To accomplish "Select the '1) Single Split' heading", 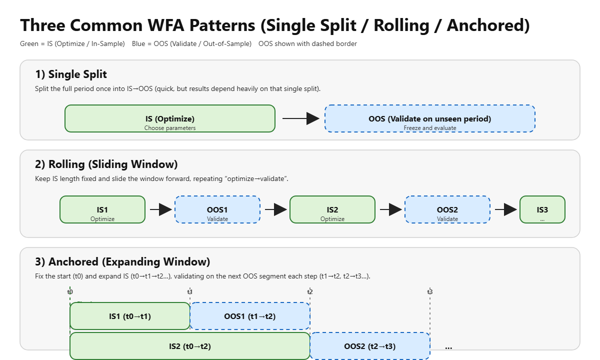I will point(71,74).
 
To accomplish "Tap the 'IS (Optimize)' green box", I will point(170,119).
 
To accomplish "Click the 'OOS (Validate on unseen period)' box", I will point(430,119).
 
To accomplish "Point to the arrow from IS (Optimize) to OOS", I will point(300,118).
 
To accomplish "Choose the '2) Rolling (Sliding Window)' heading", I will point(106,164).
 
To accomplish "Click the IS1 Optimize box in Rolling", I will point(102,209).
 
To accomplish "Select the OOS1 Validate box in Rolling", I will point(217,209).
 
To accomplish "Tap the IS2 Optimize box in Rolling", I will point(332,209).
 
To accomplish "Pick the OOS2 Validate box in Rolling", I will point(447,209).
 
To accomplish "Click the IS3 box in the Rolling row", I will point(542,209).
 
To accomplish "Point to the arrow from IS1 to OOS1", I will point(160,209).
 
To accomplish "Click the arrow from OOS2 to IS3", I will point(505,209).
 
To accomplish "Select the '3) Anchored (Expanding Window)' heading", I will point(122,262).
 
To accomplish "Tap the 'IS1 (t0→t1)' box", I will point(130,316).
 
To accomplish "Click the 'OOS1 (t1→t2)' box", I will point(250,316).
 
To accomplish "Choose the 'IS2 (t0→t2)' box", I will point(190,346).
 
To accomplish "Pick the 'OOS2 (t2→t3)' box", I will point(370,346).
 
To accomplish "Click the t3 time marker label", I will point(430,292).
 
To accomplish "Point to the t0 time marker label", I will point(70,292).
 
